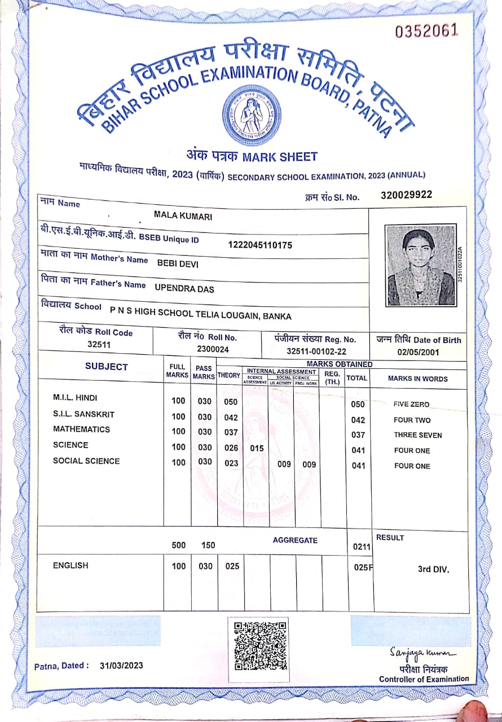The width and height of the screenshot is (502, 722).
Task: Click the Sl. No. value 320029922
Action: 406,195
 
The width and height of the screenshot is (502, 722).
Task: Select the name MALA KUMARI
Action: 183,215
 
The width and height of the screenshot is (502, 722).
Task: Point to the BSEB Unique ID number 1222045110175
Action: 260,245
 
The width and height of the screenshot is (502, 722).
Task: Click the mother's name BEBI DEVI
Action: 178,263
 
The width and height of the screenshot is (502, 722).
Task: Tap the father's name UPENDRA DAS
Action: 184,288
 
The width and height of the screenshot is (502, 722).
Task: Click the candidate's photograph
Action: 420,265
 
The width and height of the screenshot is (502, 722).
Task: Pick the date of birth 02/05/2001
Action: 418,353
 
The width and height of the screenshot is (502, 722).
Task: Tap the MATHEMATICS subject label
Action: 81,429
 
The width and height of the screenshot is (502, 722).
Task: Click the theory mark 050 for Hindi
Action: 231,402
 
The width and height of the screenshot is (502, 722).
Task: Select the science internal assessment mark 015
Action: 257,448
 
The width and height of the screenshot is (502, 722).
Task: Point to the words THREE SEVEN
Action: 417,435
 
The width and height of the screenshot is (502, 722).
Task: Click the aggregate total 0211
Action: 362,547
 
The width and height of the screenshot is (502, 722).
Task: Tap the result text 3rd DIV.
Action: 433,569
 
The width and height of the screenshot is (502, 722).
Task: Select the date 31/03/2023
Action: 121,666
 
